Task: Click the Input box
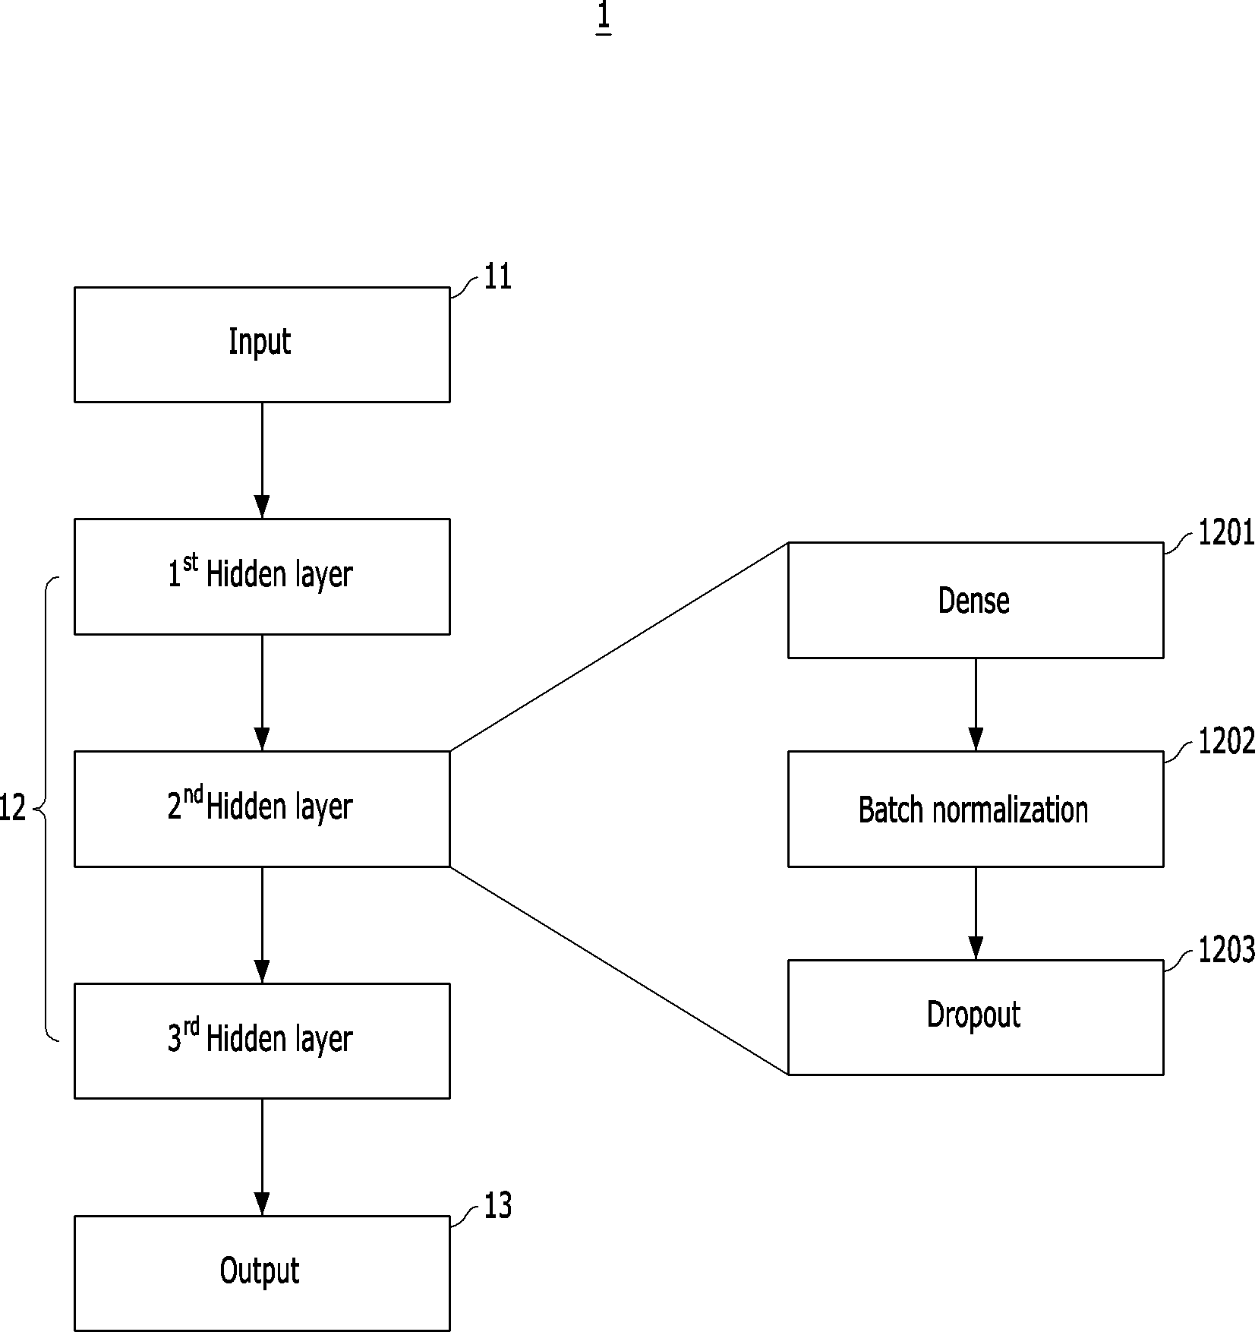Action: point(262,344)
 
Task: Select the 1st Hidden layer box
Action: point(262,576)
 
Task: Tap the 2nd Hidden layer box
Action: point(262,809)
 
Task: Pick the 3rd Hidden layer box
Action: point(262,1041)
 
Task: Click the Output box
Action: point(262,1274)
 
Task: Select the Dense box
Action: point(976,600)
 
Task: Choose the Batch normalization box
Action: point(976,809)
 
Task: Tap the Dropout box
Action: point(976,1018)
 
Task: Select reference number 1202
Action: point(1226,741)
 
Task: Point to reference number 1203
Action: point(1226,950)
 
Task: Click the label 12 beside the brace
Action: point(13,808)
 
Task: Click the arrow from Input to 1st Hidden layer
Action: point(262,460)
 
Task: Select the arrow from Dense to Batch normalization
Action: point(976,705)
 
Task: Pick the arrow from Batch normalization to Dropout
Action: point(976,914)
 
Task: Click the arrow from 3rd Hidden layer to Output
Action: point(262,1157)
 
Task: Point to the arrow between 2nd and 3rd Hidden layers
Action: point(262,925)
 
